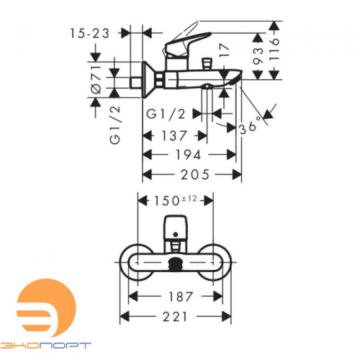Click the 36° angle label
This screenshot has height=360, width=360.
pyautogui.click(x=251, y=127)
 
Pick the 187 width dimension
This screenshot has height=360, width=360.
pyautogui.click(x=176, y=296)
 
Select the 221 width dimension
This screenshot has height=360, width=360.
pyautogui.click(x=176, y=316)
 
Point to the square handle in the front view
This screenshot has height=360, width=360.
pyautogui.click(x=175, y=227)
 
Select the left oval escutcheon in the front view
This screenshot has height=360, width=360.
pyautogui.click(x=133, y=264)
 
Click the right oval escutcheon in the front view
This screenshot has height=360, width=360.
pyautogui.click(x=217, y=264)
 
